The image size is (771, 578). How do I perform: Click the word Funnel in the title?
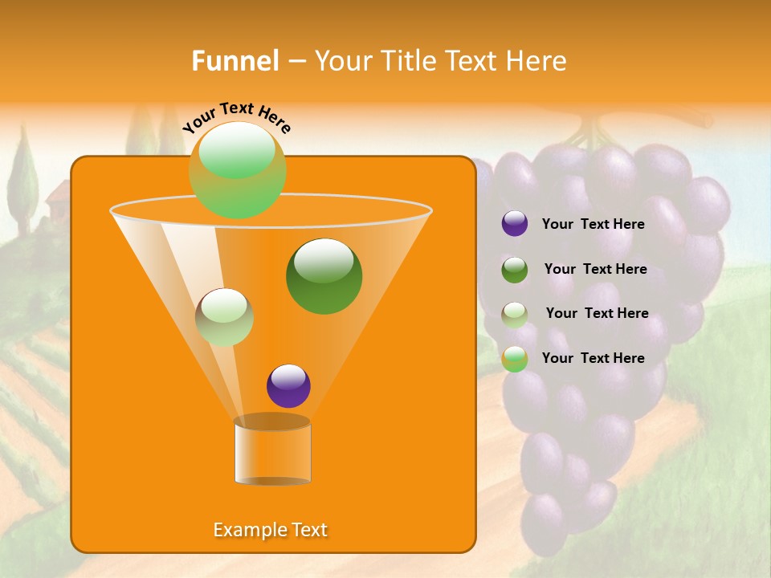click(x=235, y=61)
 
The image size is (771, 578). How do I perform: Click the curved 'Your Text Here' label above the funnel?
click(x=237, y=116)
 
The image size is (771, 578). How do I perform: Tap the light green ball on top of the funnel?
click(x=237, y=169)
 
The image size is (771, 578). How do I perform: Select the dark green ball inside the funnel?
click(x=324, y=275)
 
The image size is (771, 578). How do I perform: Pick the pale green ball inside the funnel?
click(x=224, y=317)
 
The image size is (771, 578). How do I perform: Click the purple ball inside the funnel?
click(x=288, y=386)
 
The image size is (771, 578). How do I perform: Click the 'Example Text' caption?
click(x=270, y=530)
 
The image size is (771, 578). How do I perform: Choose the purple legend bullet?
click(x=515, y=224)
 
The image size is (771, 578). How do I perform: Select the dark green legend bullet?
click(x=515, y=270)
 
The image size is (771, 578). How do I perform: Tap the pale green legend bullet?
click(x=515, y=314)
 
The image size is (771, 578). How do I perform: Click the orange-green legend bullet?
click(x=515, y=358)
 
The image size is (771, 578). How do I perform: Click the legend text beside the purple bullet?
click(x=593, y=225)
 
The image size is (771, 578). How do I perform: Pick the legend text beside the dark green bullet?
click(x=595, y=270)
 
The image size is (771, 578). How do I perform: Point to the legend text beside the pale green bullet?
click(x=597, y=314)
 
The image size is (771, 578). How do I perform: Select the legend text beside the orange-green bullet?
click(x=593, y=358)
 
